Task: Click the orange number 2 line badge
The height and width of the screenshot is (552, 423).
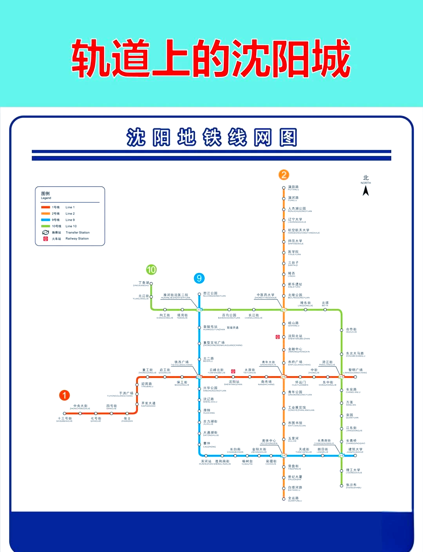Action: tap(284, 175)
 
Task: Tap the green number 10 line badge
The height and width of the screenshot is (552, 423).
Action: tap(151, 269)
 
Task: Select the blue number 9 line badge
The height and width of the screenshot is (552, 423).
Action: tap(199, 278)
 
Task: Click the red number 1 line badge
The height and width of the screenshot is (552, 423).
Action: tap(65, 395)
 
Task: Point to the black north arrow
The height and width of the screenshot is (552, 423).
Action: tap(366, 191)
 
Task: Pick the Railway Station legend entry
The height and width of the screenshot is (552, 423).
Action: tap(67, 238)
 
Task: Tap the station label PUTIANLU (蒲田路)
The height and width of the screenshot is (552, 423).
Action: tap(293, 188)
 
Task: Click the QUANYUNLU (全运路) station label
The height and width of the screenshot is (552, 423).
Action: tap(295, 499)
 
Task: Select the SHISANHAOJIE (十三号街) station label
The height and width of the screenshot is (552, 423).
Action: tap(65, 419)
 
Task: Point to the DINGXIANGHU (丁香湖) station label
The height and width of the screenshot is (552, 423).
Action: tap(141, 283)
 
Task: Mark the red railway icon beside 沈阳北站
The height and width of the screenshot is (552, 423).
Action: tap(278, 337)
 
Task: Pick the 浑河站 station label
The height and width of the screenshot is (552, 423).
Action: tap(206, 462)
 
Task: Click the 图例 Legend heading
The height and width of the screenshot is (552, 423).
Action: tap(46, 195)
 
